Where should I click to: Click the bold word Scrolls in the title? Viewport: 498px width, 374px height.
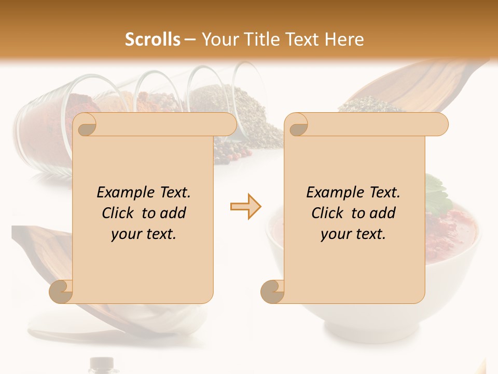[x=153, y=39]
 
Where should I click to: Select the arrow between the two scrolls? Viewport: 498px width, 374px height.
[x=245, y=207]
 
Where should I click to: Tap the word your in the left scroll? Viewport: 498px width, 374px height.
[x=125, y=234]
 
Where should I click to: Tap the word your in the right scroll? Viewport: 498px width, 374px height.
[x=335, y=234]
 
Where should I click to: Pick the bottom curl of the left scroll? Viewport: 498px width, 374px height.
[x=61, y=291]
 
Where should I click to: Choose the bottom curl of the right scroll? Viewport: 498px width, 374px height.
[x=273, y=291]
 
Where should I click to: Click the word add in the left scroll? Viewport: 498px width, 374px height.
[x=174, y=213]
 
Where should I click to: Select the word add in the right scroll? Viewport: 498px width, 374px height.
[x=383, y=213]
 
